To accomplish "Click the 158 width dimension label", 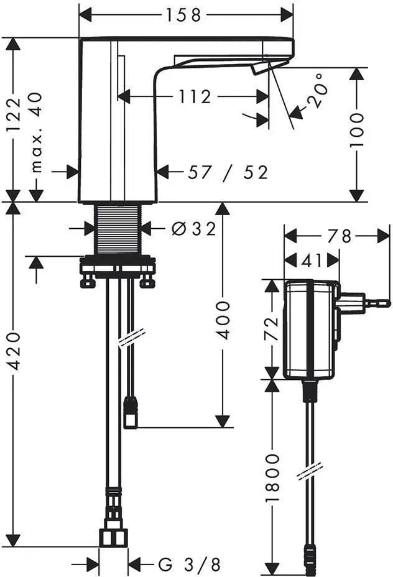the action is [183, 15].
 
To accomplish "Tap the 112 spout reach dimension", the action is [195, 97].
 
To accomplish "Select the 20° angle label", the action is [318, 91].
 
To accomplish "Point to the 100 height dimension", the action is [356, 130].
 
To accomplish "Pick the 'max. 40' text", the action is [36, 133].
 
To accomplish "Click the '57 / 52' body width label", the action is [228, 172].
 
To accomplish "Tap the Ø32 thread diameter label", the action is [194, 229].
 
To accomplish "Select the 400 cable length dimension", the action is [222, 320].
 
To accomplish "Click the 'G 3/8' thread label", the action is [190, 564].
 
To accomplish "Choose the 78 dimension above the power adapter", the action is [340, 236].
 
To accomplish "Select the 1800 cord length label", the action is [272, 478].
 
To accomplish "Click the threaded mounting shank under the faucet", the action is [118, 229].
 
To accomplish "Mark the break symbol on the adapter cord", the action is [310, 471].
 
